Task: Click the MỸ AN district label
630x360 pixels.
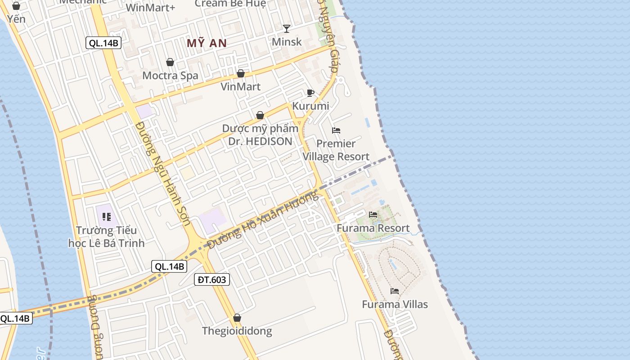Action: tap(207, 43)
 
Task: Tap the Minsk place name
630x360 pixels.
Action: tap(287, 42)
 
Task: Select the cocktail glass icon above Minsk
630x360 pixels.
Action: tap(287, 29)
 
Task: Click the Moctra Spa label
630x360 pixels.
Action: tap(170, 76)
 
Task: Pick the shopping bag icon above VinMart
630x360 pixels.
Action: tap(241, 73)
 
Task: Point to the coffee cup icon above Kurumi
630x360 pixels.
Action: tap(310, 93)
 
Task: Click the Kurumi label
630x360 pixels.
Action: tap(310, 106)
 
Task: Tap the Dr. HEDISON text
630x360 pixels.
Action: tap(260, 141)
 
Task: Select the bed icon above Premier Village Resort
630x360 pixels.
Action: tap(336, 130)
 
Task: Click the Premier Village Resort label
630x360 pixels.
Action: tap(336, 150)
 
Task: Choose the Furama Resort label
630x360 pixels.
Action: tap(373, 228)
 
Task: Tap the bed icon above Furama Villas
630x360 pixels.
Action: tap(395, 291)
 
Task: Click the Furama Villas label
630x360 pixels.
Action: tap(395, 305)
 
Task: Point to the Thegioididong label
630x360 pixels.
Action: tap(237, 331)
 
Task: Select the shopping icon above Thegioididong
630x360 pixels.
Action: tap(237, 318)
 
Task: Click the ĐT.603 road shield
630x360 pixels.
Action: tap(212, 279)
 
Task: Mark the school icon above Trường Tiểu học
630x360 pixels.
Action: tap(107, 217)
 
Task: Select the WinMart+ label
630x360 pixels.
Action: tap(150, 8)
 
